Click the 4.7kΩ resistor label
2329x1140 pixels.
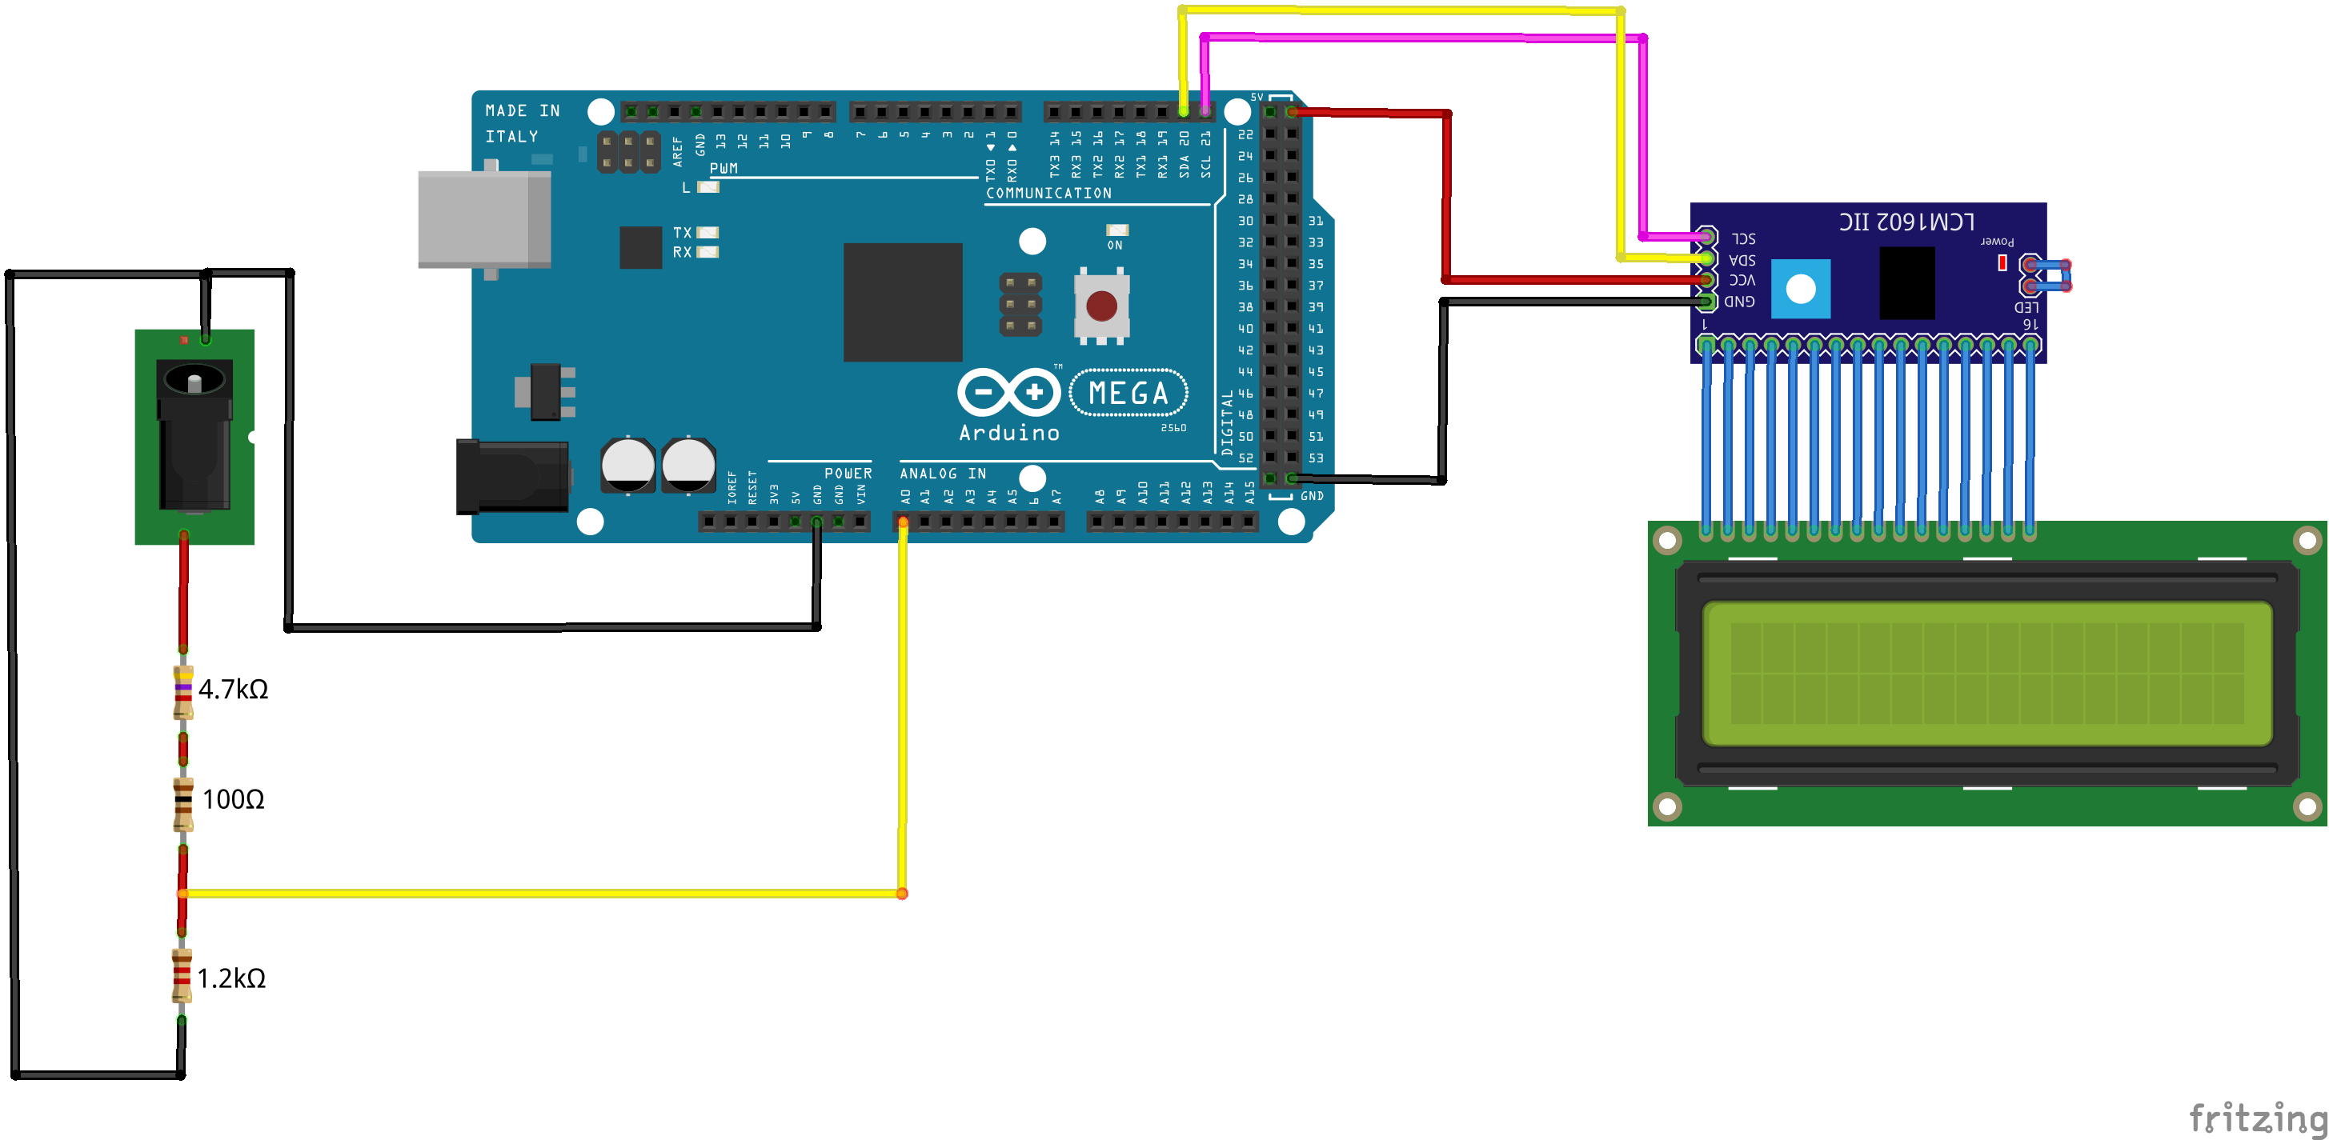point(233,690)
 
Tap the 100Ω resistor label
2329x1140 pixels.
point(233,800)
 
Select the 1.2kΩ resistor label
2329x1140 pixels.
point(231,979)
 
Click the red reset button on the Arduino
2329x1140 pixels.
point(1101,306)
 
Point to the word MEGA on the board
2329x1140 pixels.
point(1128,394)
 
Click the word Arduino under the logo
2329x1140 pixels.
point(1009,433)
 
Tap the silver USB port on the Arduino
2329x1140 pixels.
point(483,220)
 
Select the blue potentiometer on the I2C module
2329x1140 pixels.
point(1800,290)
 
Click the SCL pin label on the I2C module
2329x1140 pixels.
point(1743,238)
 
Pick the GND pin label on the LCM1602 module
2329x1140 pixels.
point(1739,301)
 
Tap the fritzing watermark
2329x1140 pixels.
point(2257,1118)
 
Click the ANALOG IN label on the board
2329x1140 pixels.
point(942,474)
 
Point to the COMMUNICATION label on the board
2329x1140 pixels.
point(1048,194)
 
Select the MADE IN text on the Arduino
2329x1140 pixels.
point(523,110)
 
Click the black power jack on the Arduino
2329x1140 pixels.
point(511,477)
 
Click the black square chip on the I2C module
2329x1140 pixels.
point(1906,282)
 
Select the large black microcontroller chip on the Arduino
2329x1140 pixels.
point(902,302)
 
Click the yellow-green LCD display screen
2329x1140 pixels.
point(1986,674)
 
